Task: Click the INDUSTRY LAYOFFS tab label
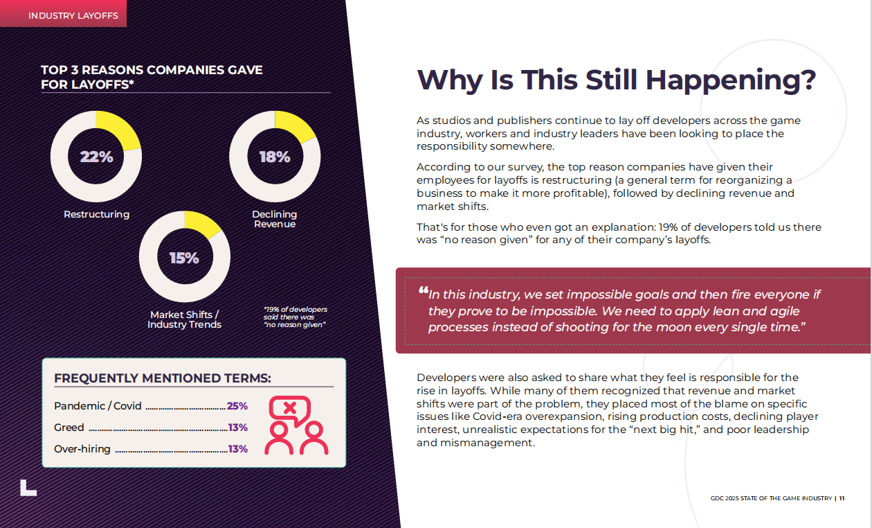[x=73, y=15]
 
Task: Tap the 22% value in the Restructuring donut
[x=96, y=157]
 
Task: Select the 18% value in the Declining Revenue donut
[x=275, y=157]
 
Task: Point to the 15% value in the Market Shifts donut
[x=185, y=258]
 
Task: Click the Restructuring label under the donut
[x=96, y=214]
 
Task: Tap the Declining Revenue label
[x=275, y=219]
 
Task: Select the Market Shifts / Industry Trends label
[x=185, y=319]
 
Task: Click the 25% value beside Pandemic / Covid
[x=237, y=406]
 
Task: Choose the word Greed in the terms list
[x=69, y=428]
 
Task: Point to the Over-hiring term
[x=82, y=449]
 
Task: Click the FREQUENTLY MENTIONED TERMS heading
[x=162, y=378]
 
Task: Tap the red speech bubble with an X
[x=290, y=409]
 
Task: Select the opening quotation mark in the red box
[x=422, y=291]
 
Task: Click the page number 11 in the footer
[x=842, y=498]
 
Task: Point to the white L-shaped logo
[x=28, y=488]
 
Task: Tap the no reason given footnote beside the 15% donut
[x=296, y=317]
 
